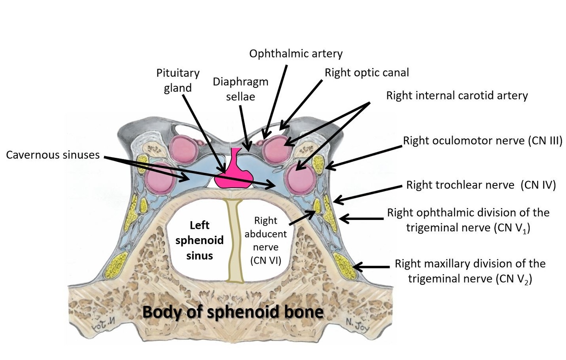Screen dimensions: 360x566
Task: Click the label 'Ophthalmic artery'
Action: pos(296,53)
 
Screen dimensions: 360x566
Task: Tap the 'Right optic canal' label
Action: pos(367,73)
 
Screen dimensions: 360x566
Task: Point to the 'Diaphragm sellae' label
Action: pos(241,89)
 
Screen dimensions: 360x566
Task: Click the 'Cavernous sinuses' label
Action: pos(53,155)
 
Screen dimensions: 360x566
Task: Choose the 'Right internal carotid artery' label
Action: pos(457,95)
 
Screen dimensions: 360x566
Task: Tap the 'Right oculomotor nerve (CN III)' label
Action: pos(482,141)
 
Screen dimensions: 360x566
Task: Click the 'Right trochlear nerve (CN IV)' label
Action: pos(481,185)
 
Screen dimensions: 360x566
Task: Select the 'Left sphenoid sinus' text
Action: pos(199,240)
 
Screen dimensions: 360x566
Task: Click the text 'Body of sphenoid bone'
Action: pos(233,312)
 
